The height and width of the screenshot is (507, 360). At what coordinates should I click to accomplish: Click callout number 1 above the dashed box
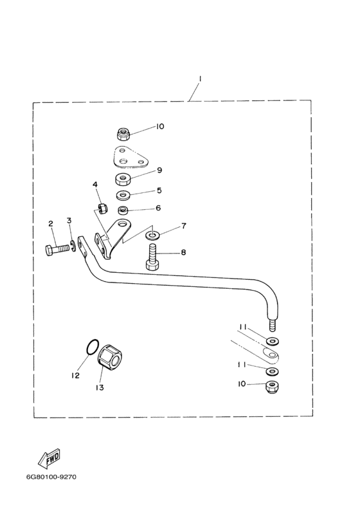200,78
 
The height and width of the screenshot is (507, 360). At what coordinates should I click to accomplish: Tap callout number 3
69,221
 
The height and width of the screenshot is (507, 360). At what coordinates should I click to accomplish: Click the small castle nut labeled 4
102,207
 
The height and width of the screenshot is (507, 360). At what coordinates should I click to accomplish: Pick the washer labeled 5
123,195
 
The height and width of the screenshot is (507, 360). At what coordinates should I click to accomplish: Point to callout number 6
158,208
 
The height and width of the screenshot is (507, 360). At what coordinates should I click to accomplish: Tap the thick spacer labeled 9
123,179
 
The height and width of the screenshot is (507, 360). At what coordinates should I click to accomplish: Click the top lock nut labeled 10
123,134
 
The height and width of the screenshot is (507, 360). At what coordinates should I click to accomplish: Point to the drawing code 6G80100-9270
51,477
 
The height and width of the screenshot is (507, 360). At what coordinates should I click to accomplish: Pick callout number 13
100,387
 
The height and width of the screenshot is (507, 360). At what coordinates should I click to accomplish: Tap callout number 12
75,375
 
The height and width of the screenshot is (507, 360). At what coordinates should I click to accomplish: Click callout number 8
183,252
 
